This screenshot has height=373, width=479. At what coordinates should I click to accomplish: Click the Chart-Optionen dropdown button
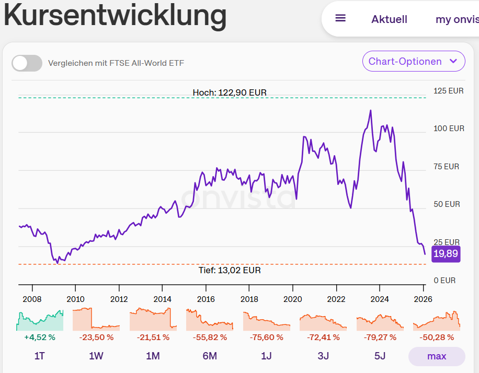(413, 62)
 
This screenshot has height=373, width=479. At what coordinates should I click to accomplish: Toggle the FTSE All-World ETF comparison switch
(27, 63)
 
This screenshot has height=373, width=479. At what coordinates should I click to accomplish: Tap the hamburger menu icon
(340, 18)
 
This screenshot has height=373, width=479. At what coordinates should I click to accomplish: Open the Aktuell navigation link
(389, 19)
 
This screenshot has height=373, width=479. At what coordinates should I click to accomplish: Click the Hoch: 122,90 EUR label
(230, 92)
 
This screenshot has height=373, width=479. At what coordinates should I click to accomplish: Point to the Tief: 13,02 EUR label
(230, 270)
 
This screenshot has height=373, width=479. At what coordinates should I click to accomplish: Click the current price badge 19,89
(446, 254)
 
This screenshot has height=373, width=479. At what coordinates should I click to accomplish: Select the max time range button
(437, 356)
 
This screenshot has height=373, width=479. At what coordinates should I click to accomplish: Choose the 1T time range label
(40, 356)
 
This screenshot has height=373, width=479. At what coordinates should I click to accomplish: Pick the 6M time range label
(210, 356)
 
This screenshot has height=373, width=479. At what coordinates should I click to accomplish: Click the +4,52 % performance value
(40, 337)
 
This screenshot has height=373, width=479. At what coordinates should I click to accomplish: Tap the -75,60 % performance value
(266, 337)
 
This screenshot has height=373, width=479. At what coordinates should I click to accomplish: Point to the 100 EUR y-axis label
(449, 129)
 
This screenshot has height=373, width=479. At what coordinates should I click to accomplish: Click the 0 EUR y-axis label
(444, 281)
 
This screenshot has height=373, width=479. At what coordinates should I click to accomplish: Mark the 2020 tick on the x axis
(292, 299)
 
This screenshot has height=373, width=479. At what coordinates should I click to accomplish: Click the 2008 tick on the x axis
(32, 299)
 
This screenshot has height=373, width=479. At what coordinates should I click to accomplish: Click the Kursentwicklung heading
(115, 16)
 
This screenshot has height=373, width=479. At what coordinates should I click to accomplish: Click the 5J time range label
(380, 356)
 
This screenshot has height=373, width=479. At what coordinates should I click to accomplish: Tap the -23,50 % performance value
(96, 337)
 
